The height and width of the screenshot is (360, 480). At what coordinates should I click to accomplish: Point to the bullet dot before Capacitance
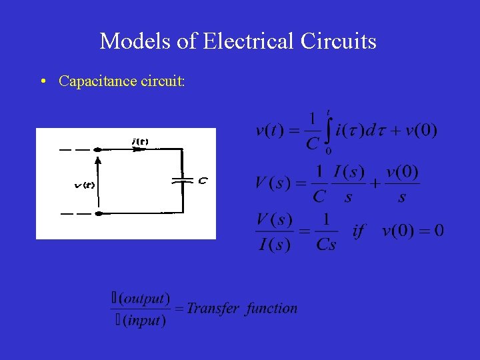42,81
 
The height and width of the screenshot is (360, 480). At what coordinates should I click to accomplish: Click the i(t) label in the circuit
140,141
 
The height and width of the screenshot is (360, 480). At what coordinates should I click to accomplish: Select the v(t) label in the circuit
83,185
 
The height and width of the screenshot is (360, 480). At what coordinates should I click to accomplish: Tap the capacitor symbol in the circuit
181,179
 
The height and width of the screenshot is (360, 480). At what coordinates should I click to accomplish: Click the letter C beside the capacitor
202,180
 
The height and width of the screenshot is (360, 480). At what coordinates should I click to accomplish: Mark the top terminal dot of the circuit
99,150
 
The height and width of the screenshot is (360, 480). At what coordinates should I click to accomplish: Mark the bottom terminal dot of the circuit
99,213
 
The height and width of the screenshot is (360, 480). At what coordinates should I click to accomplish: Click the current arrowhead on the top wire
139,150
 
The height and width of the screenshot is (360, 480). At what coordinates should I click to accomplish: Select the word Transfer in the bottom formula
213,308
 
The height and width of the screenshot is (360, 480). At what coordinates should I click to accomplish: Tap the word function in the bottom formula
271,308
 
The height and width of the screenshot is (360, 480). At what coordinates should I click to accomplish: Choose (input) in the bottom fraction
143,321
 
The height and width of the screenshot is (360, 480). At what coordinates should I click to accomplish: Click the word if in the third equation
359,231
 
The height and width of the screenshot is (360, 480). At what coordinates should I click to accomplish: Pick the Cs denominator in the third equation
326,245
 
